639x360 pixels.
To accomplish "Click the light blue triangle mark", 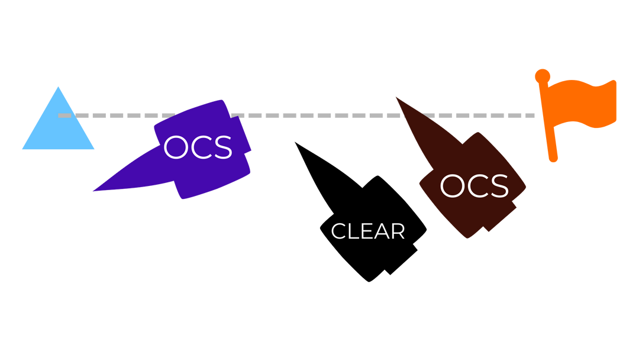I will tap(58, 127).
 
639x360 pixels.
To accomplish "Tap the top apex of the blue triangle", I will tap(58, 86).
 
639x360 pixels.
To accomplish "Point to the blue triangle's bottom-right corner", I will tap(94, 149).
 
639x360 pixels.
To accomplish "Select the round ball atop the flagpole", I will tap(542, 76).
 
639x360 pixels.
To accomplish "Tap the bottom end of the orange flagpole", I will tap(553, 159).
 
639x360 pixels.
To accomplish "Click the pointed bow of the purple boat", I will tap(93, 191).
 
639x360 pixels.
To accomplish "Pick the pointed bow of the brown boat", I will tap(396, 97).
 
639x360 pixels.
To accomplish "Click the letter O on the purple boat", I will tap(176, 148).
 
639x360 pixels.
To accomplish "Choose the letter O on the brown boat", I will tap(452, 187).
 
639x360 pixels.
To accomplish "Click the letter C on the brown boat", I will tap(476, 187).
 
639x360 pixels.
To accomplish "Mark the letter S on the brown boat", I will tap(498, 187).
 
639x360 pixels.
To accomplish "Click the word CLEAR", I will tap(368, 232).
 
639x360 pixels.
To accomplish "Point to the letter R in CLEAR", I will tap(398, 232).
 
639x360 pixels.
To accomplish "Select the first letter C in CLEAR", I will tap(338, 232).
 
